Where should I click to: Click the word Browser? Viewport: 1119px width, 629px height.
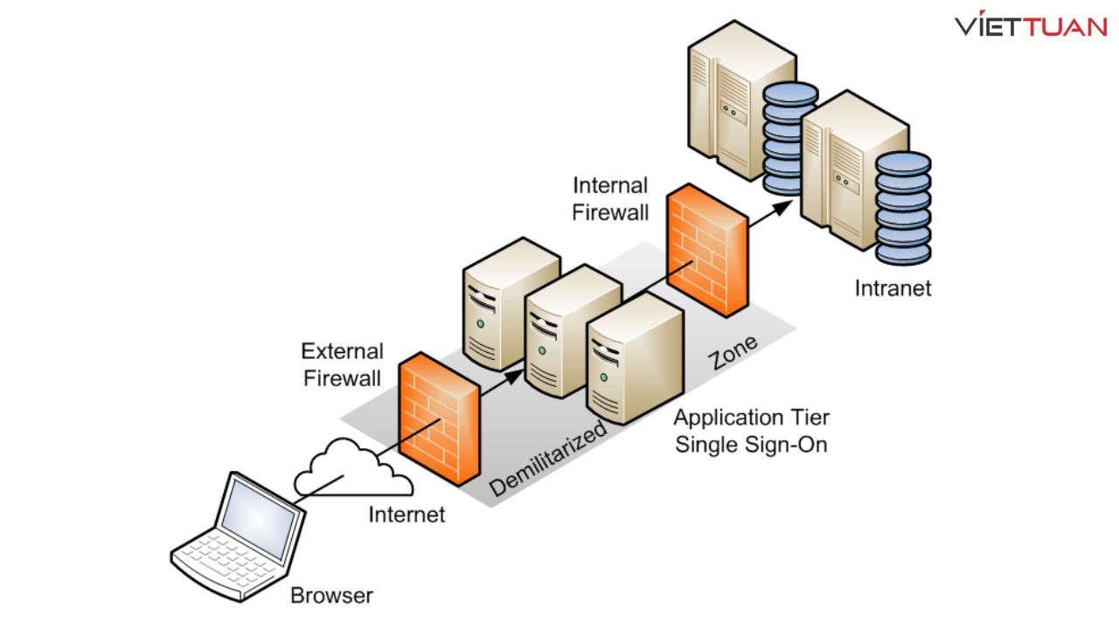pyautogui.click(x=331, y=597)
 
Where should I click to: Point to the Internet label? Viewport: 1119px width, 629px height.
pyautogui.click(x=407, y=515)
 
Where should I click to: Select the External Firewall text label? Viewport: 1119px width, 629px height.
pyautogui.click(x=342, y=364)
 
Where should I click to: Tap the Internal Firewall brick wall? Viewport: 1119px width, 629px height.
pyautogui.click(x=708, y=253)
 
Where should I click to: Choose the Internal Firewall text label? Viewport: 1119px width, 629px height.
pyautogui.click(x=610, y=198)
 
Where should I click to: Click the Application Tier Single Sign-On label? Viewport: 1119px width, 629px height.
pyautogui.click(x=750, y=432)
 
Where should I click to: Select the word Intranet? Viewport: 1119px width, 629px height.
pyautogui.click(x=893, y=287)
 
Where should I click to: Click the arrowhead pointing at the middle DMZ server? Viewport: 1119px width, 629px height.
pyautogui.click(x=518, y=370)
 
